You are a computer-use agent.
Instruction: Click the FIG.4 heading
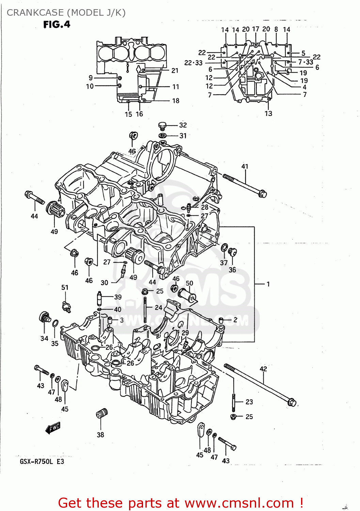tap(57, 25)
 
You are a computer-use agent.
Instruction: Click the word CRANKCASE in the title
tap(35, 13)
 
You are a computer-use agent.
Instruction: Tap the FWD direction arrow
tap(53, 428)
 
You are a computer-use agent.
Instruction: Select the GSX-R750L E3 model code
tap(42, 462)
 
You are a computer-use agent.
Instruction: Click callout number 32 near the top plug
tap(183, 125)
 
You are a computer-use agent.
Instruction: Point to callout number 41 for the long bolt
tap(245, 166)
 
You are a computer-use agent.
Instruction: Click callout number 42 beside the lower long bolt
tap(263, 369)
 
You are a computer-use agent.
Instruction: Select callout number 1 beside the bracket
tap(268, 284)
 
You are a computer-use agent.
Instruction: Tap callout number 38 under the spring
tap(100, 435)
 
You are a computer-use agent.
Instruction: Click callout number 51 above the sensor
tap(65, 288)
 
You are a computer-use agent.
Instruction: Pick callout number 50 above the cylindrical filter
tap(189, 283)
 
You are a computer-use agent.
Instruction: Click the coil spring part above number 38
tap(101, 414)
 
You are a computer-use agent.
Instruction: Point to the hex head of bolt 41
tap(263, 194)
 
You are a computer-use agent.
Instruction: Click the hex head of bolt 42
tap(292, 402)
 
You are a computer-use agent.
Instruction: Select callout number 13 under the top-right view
tap(268, 113)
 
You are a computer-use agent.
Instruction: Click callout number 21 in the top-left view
tap(175, 71)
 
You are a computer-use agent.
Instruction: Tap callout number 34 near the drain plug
tap(44, 338)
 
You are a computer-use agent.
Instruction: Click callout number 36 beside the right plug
tap(232, 269)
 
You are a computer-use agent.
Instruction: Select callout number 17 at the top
tap(255, 29)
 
